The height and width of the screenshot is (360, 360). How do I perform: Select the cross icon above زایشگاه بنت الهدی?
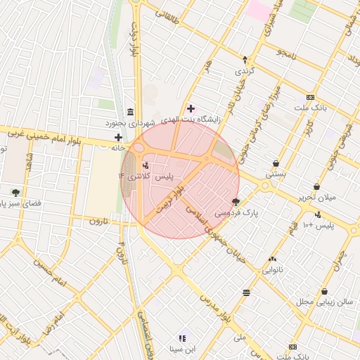[191, 108]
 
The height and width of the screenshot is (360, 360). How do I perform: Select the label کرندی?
[244, 71]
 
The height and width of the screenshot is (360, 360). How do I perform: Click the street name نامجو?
[287, 53]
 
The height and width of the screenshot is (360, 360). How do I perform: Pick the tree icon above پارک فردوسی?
[236, 201]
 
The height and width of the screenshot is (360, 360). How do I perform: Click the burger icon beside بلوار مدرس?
[246, 292]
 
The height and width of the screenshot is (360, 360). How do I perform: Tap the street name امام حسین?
[48, 273]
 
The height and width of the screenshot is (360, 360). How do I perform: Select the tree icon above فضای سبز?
[15, 192]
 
